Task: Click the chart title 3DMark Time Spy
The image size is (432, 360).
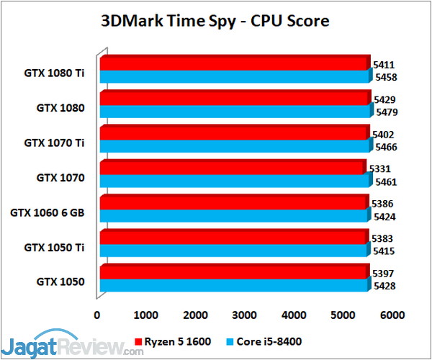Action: tap(215, 21)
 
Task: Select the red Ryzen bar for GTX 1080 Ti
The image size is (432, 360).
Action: tap(234, 64)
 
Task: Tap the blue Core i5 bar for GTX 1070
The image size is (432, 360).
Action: tap(234, 180)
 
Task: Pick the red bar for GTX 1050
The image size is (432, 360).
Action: tap(234, 271)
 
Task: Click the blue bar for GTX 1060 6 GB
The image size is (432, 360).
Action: tap(234, 215)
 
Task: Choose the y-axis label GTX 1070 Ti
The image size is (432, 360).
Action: tap(55, 143)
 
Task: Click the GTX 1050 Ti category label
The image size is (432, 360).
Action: tap(55, 247)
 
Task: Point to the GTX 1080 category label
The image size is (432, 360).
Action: tap(61, 108)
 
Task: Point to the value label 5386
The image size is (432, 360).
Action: tap(381, 204)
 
